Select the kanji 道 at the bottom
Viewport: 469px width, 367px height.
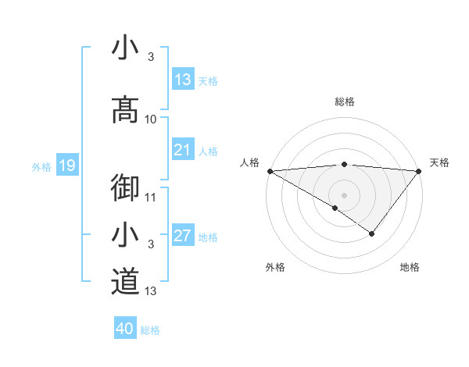click(x=125, y=282)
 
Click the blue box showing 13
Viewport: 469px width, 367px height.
click(x=183, y=80)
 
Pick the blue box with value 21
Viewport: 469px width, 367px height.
click(x=183, y=151)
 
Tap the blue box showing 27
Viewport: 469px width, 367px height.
click(x=183, y=237)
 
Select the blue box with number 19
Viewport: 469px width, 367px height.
click(x=66, y=166)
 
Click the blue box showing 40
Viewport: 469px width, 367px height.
click(x=125, y=329)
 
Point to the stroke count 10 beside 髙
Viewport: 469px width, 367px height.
click(x=151, y=119)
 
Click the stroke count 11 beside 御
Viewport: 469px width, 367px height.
click(x=151, y=197)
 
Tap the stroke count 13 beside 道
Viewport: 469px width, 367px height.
click(x=151, y=291)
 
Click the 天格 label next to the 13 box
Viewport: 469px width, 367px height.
click(x=208, y=80)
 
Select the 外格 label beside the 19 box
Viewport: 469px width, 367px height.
click(x=41, y=166)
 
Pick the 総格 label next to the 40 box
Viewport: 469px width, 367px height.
click(x=150, y=330)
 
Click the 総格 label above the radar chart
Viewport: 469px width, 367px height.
click(x=344, y=102)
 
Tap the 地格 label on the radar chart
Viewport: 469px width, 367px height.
click(x=410, y=268)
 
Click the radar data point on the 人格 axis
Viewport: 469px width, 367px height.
click(x=269, y=170)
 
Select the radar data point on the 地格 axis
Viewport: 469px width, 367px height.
click(x=372, y=233)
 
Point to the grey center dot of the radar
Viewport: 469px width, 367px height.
click(x=344, y=194)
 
